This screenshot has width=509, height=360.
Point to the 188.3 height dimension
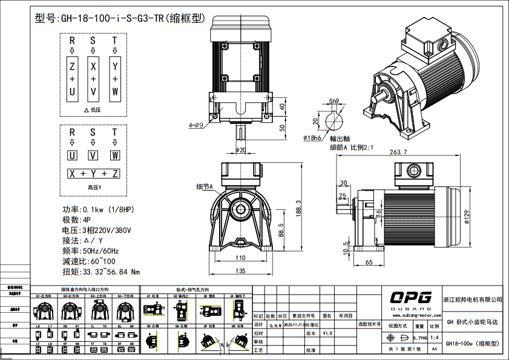pos(297,206)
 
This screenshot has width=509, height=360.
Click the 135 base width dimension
pos(240,270)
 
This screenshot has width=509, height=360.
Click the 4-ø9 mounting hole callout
pos(195,125)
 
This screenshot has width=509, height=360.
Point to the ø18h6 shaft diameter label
pos(312,138)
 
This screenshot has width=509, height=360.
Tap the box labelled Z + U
pos(72,79)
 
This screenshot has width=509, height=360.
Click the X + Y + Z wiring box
pos(93,174)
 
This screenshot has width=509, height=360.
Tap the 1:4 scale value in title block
pos(434,338)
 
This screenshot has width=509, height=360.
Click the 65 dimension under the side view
pos(369,263)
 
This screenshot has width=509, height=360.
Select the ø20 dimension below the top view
pos(240,149)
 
